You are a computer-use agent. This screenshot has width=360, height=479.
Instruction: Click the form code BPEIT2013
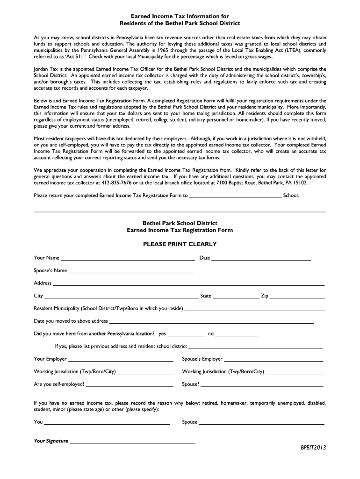point(313,447)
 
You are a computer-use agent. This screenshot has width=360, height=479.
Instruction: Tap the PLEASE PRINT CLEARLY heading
point(180,244)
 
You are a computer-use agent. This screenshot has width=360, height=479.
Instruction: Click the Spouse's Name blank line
point(131,272)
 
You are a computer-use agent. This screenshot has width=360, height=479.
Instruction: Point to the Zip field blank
point(297,297)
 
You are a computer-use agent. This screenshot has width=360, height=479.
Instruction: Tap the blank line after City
point(121,297)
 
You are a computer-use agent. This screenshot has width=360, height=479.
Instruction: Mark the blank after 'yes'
point(186,335)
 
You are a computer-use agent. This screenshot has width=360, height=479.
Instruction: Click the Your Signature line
point(132,442)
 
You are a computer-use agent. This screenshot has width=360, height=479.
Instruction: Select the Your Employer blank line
point(121,360)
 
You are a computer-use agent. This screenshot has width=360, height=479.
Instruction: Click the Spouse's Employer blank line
point(274,360)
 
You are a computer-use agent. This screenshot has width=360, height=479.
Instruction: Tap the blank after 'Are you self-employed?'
point(130,385)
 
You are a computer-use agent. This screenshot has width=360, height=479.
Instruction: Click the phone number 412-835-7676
point(107,183)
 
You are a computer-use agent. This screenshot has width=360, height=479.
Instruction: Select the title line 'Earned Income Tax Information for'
point(180,16)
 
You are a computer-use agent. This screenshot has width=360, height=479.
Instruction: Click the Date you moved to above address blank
point(211,322)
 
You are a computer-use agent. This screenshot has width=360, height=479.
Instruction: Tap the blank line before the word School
point(235,196)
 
